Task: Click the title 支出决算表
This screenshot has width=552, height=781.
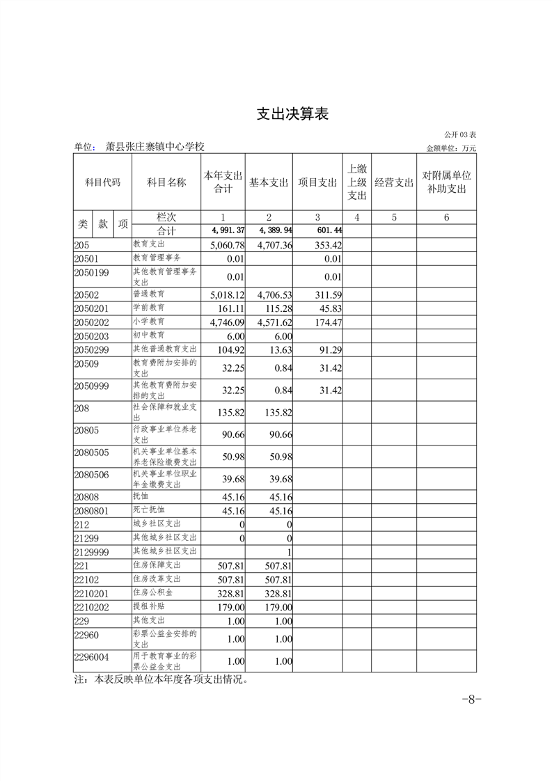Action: [292, 115]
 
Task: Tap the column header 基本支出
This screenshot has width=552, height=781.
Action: [269, 182]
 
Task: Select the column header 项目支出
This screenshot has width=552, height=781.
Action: [317, 182]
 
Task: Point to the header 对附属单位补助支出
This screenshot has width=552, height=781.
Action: [446, 182]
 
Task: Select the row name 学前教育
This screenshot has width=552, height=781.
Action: [148, 307]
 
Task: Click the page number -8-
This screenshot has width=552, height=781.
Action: [471, 700]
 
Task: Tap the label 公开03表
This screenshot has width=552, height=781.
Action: [460, 134]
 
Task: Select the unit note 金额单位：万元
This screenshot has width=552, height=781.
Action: [451, 148]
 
